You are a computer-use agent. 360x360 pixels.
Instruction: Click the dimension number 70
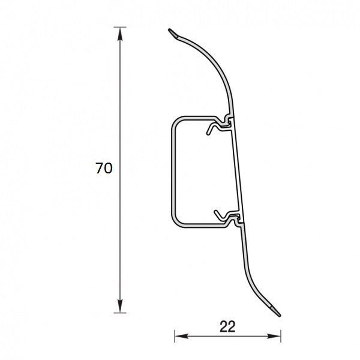coord(104,168)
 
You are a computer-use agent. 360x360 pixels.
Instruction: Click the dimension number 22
coord(227,326)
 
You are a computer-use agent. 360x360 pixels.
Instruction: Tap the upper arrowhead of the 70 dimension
coord(120,34)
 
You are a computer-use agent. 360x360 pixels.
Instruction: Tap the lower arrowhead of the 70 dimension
coord(120,305)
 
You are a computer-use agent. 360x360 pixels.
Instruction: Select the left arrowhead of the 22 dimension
coord(182,337)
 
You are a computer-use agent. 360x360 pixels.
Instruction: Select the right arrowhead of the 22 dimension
coord(274,337)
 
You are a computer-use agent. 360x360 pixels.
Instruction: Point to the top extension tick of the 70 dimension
coord(120,27)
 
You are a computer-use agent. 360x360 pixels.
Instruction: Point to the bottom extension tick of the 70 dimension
coord(120,313)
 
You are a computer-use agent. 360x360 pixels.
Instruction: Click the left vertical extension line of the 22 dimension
coord(175,336)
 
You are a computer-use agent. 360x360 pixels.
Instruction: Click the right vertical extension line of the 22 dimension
coord(281,336)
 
